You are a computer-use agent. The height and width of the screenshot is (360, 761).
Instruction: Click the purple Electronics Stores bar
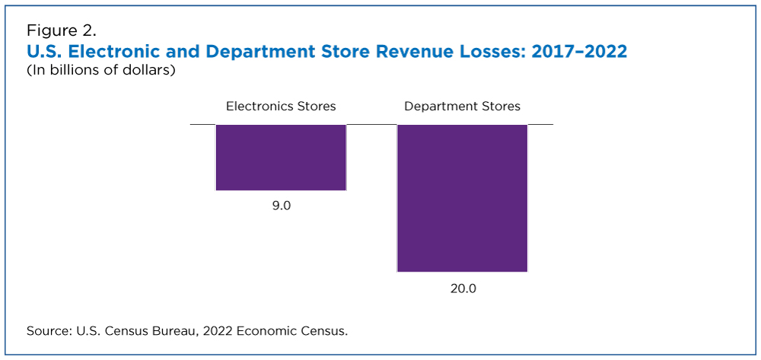click(281, 158)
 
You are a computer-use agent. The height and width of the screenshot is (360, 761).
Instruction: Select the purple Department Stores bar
click(462, 198)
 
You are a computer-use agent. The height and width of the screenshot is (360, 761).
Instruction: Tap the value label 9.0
click(281, 206)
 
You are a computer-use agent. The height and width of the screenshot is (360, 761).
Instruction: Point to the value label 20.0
click(462, 288)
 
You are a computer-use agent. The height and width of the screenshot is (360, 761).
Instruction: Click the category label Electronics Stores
click(281, 106)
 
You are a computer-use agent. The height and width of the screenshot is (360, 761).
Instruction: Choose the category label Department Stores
click(462, 106)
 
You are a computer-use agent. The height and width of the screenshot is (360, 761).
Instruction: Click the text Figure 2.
click(62, 31)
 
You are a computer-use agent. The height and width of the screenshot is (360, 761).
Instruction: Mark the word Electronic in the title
click(116, 52)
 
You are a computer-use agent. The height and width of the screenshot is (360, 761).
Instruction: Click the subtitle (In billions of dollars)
click(101, 71)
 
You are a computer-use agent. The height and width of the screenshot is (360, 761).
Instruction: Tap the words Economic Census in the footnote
click(291, 331)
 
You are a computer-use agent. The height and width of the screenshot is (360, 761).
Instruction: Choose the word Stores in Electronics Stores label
click(316, 106)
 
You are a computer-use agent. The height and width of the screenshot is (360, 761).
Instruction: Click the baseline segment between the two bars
click(372, 124)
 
